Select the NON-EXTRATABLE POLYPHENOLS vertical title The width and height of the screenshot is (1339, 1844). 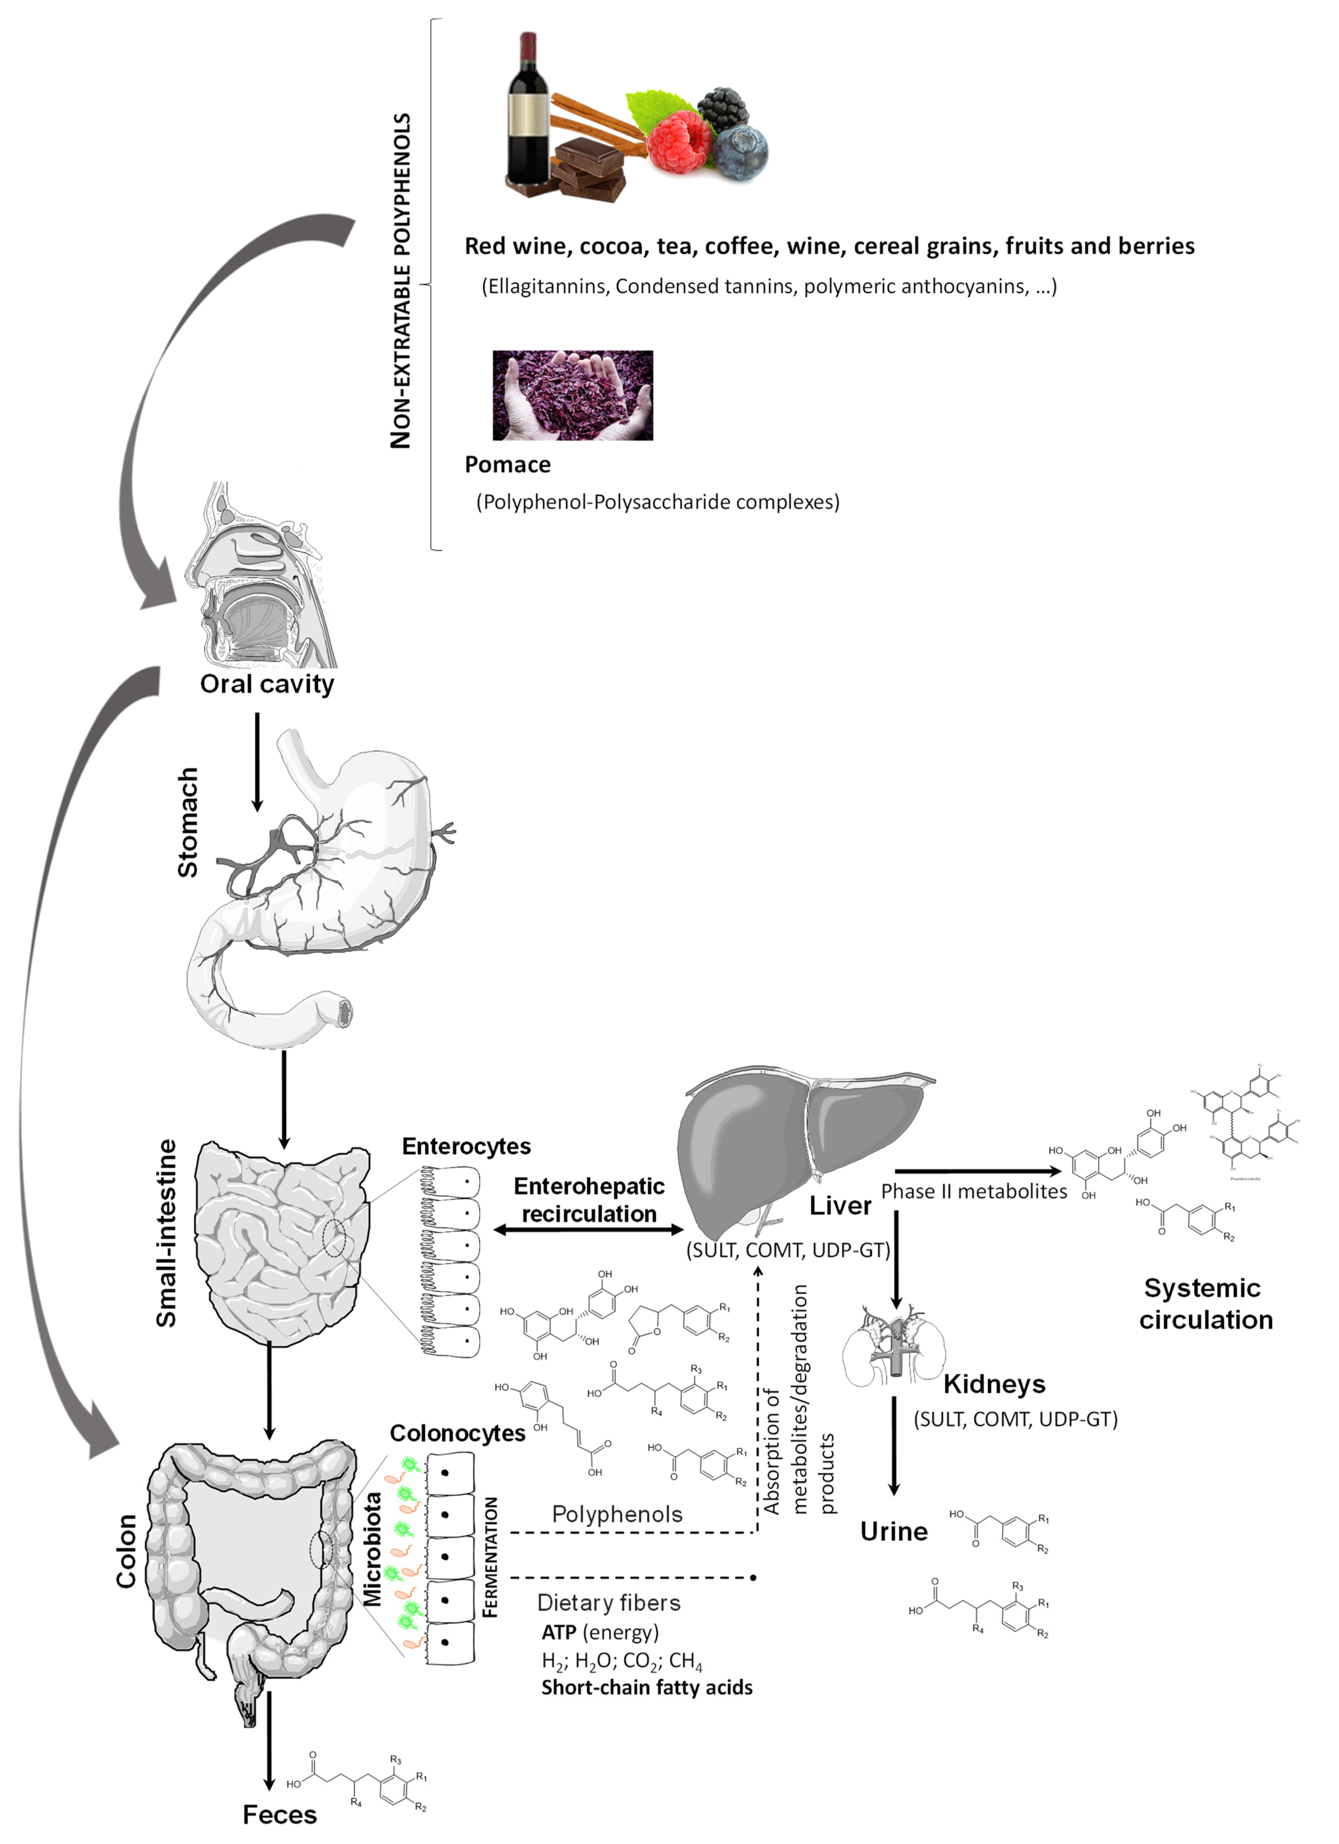(x=401, y=281)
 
